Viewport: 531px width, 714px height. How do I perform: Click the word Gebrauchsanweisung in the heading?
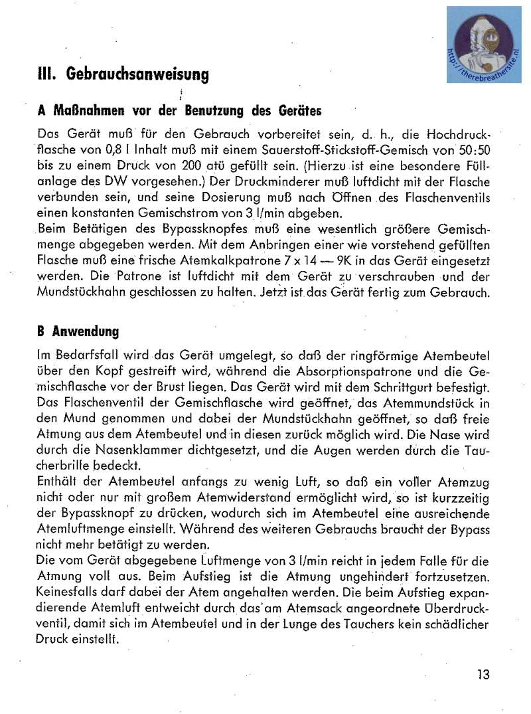click(x=138, y=75)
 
